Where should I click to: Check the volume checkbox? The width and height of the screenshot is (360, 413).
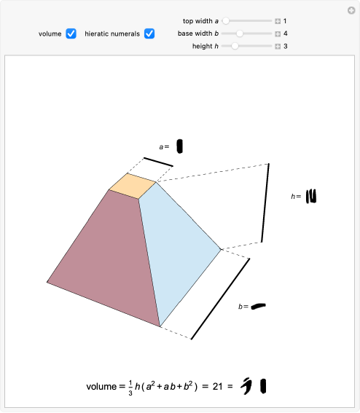(71, 34)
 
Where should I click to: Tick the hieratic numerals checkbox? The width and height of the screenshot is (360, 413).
(149, 34)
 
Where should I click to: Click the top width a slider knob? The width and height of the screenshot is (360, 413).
(226, 21)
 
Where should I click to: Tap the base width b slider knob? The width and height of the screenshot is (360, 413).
(240, 34)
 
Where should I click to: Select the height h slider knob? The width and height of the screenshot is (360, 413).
(235, 46)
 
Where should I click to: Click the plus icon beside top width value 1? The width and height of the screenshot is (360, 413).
(278, 21)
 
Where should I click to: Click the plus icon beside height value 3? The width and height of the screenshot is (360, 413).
(278, 47)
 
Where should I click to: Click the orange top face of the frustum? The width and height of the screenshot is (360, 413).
(133, 186)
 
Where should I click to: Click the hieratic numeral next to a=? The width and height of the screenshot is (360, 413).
(179, 146)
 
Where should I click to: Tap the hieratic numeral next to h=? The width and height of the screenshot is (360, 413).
(311, 196)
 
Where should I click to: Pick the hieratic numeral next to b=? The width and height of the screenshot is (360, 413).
(258, 306)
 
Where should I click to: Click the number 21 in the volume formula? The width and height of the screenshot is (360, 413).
(217, 386)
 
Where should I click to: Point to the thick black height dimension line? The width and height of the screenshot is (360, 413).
(265, 202)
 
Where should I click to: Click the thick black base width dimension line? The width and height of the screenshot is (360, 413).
(220, 299)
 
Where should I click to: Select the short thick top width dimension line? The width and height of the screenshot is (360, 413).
(158, 162)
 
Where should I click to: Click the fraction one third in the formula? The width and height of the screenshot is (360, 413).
(130, 388)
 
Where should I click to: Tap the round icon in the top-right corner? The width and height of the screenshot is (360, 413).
(351, 10)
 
